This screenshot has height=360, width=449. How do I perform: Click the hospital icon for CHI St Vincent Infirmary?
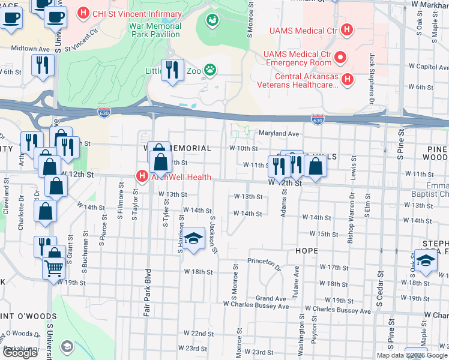point(84,13)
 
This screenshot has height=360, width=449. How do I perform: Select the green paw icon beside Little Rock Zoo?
point(209,70)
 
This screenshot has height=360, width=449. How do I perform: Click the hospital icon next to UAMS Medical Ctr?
point(346,29)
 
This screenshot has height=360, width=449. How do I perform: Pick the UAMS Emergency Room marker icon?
point(341,58)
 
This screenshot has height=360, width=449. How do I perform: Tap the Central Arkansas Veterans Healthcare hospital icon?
point(346,79)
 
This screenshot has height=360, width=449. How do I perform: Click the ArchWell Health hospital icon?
point(142,176)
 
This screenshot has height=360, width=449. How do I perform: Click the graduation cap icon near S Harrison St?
point(194,239)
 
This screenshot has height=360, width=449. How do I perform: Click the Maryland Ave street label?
point(279,133)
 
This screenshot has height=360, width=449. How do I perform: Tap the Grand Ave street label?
point(271,298)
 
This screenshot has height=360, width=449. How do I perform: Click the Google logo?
point(20,353)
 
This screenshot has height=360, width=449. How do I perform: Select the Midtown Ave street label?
point(31,48)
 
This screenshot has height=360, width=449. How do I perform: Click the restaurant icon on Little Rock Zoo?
point(172,70)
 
